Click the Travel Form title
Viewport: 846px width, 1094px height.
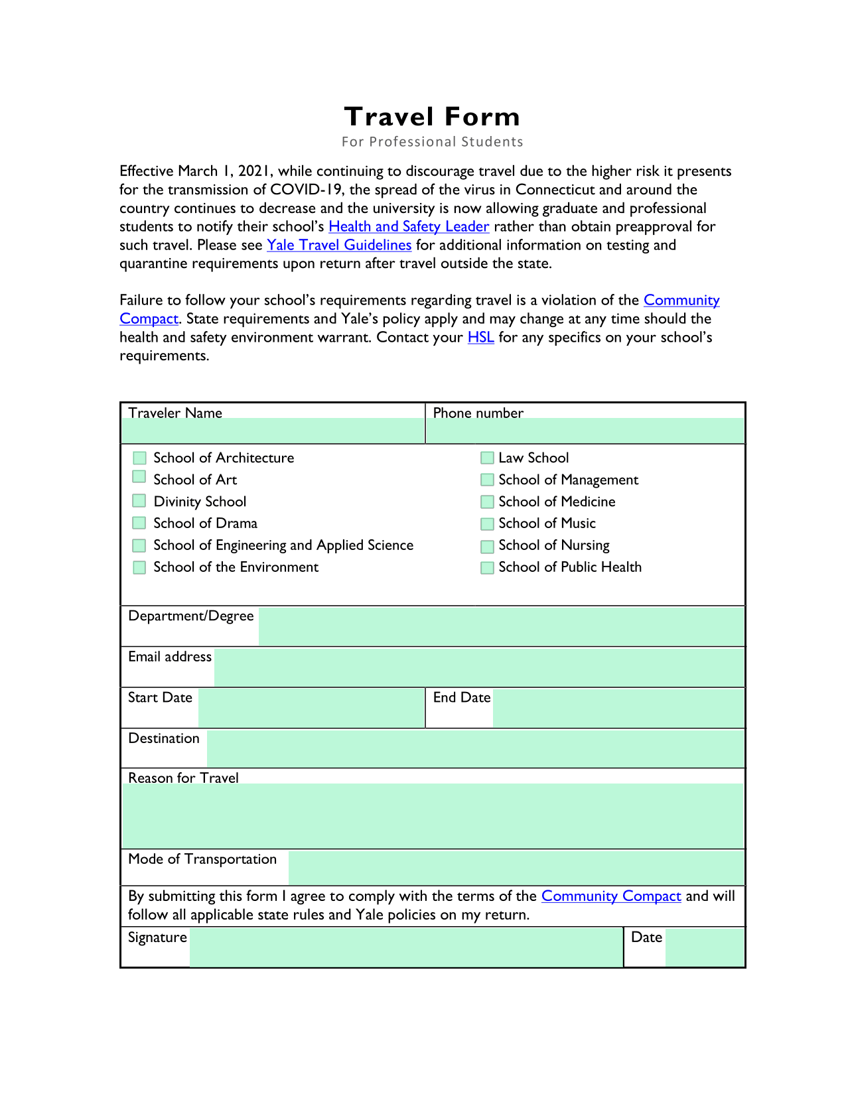pyautogui.click(x=432, y=117)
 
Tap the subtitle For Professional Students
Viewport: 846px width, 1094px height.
pyautogui.click(x=432, y=142)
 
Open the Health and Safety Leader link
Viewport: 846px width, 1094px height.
pyautogui.click(x=409, y=227)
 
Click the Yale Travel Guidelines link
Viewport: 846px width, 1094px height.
pyautogui.click(x=339, y=245)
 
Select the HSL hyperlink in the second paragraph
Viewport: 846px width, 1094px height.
pyautogui.click(x=480, y=338)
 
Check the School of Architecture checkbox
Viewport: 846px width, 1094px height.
pyautogui.click(x=139, y=458)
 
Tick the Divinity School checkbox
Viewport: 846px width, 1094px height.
pyautogui.click(x=139, y=501)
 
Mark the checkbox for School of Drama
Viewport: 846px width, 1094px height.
pyautogui.click(x=139, y=523)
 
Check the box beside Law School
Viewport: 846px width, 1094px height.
pyautogui.click(x=487, y=458)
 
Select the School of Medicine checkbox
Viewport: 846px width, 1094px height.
pyautogui.click(x=487, y=502)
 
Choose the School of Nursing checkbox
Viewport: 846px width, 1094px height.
pyautogui.click(x=487, y=546)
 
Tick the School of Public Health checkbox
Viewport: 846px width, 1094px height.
pyautogui.click(x=487, y=568)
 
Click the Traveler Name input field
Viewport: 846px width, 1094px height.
pyautogui.click(x=273, y=431)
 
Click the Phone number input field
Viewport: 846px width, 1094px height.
pyautogui.click(x=585, y=431)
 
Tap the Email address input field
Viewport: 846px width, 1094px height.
pyautogui.click(x=478, y=667)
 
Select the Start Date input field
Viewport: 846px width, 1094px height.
pyautogui.click(x=311, y=708)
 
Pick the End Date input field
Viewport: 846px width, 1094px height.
pyautogui.click(x=618, y=708)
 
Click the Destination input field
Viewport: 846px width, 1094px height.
pyautogui.click(x=475, y=748)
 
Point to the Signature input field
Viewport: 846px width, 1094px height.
pyautogui.click(x=405, y=947)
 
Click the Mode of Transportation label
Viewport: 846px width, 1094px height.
pyautogui.click(x=202, y=860)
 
